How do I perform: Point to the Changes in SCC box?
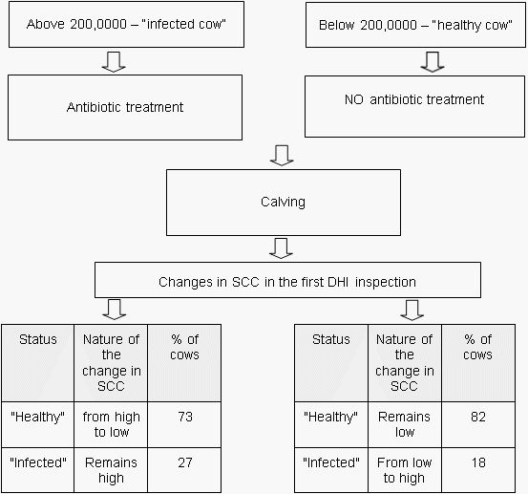(287, 282)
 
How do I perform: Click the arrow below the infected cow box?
(113, 61)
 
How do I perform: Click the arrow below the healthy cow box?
(433, 61)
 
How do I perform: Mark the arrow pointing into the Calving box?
(281, 155)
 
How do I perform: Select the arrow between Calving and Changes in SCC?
(281, 248)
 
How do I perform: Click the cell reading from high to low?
(111, 423)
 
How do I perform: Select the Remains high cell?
(111, 469)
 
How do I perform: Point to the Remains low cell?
(404, 423)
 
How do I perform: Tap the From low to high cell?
(404, 469)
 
